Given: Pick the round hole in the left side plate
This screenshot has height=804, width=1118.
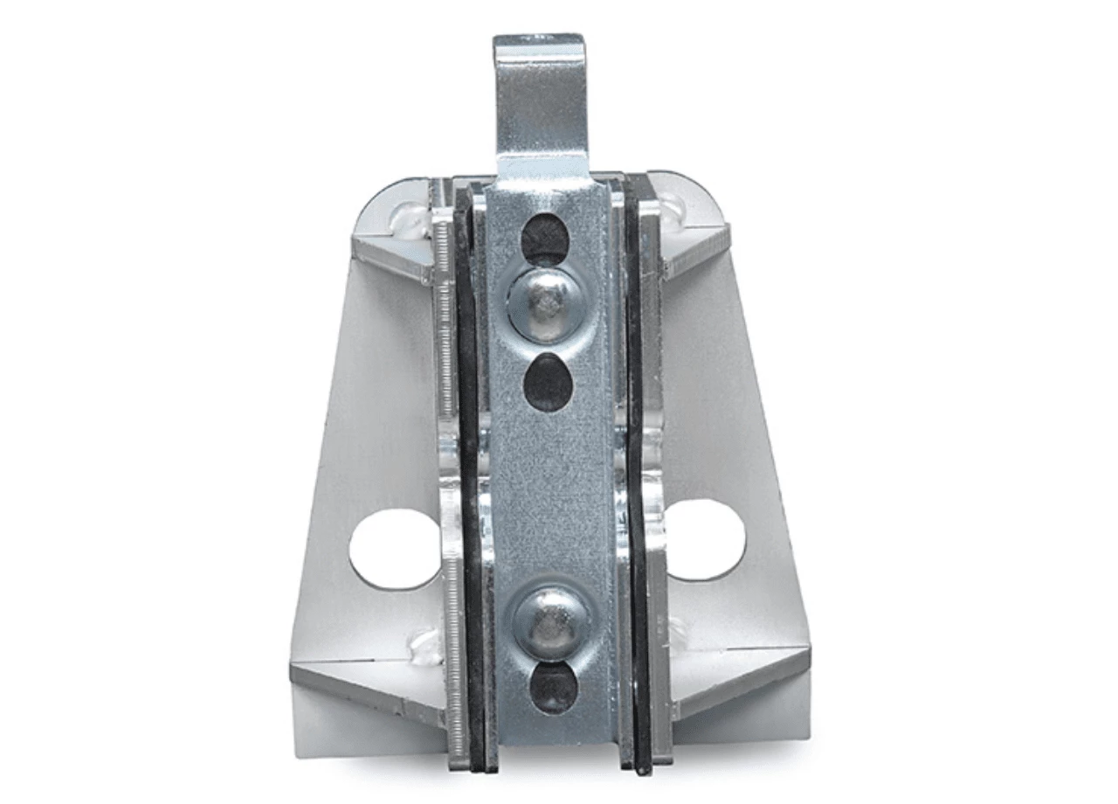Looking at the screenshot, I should pyautogui.click(x=395, y=549).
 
